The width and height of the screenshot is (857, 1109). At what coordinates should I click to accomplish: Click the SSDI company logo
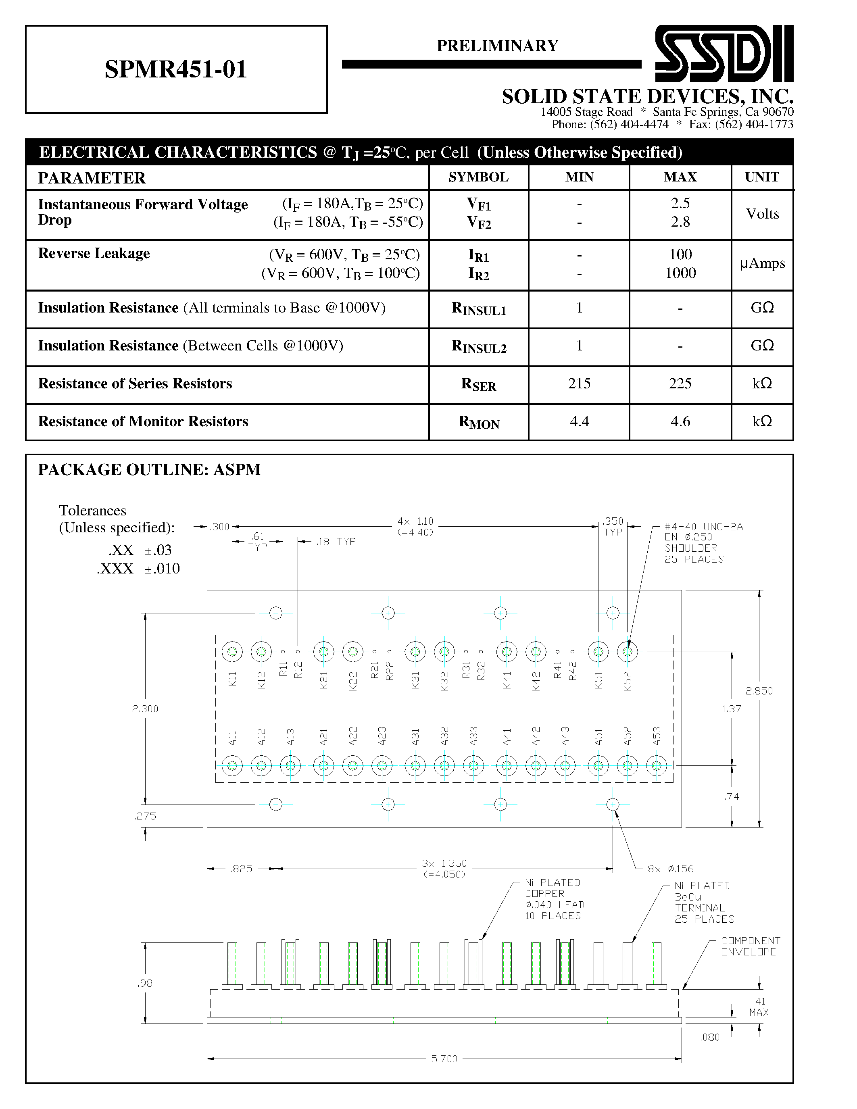coord(724,53)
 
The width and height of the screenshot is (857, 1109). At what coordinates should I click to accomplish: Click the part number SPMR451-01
coord(176,69)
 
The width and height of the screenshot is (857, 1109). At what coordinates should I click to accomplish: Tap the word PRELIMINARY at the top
coord(497,46)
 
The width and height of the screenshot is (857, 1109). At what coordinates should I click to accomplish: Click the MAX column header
coord(680,177)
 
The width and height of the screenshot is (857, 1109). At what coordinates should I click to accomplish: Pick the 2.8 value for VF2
coord(680,222)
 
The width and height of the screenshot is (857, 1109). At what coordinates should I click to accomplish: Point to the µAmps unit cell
coord(762,263)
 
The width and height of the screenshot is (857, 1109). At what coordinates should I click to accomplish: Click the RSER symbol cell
coord(478,384)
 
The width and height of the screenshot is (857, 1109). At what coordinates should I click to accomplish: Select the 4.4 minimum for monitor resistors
coord(579,421)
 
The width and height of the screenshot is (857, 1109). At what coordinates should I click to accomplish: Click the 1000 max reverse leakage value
coord(680,273)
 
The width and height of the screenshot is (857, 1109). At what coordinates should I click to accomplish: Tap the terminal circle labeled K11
coord(232,651)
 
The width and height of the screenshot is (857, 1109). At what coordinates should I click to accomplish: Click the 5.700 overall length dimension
coord(444,1059)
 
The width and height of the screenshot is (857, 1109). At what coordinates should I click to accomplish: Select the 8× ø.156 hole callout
coord(670,869)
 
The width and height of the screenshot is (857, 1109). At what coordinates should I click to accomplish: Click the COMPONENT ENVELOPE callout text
coord(750,946)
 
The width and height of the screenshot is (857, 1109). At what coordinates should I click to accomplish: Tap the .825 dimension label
coord(241,869)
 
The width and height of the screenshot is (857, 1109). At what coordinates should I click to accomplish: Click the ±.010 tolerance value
coord(162,569)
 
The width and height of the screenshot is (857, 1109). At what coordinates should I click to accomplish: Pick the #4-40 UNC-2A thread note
coord(703,527)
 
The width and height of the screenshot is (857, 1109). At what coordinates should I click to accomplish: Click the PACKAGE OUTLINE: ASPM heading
coord(149,470)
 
